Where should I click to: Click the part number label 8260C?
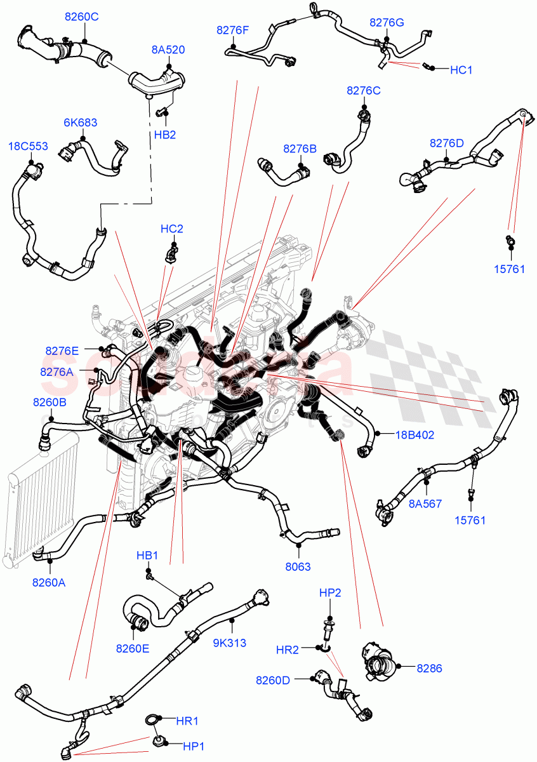(81, 17)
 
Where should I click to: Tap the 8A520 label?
(168, 50)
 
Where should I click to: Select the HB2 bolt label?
(164, 135)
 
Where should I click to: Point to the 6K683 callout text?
(80, 123)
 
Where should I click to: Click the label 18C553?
(28, 146)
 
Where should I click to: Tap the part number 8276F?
(233, 29)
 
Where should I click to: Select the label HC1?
(461, 70)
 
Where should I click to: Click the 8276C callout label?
(364, 91)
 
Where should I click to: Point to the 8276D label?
(447, 143)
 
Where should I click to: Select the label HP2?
(330, 593)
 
